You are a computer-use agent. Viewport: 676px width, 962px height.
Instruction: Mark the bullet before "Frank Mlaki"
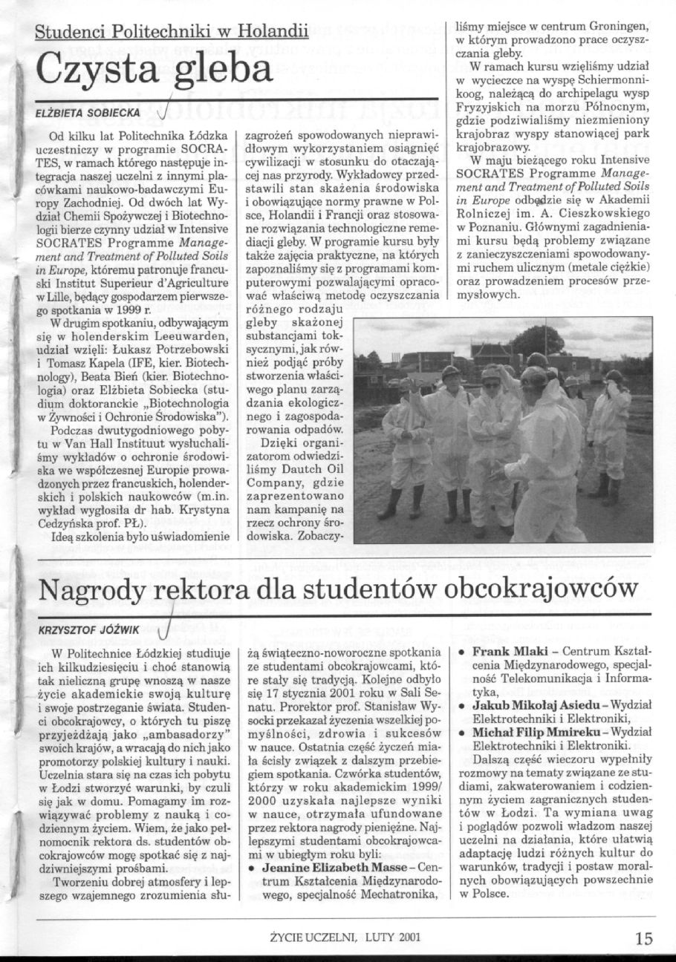pos(463,650)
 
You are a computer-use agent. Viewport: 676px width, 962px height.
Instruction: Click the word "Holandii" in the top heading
pos(276,32)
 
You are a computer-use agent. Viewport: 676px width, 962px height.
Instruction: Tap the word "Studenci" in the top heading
pos(72,32)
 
